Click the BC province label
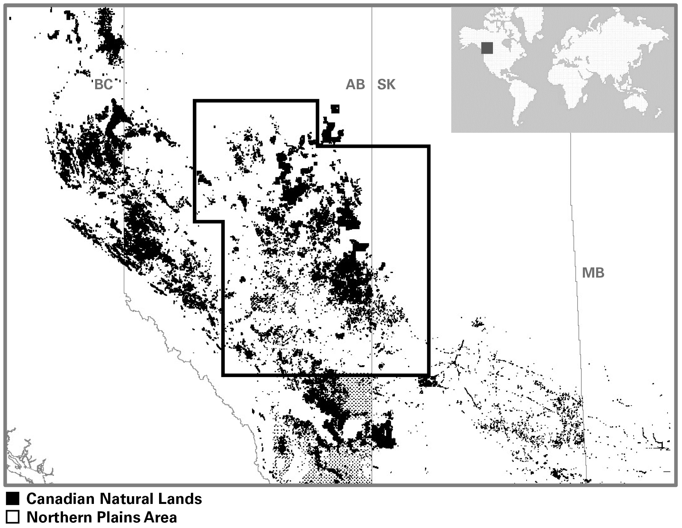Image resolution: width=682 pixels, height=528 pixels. [103, 85]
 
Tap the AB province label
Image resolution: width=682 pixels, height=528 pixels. [355, 85]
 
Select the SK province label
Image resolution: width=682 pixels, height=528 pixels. [386, 85]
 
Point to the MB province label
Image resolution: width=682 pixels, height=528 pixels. [593, 273]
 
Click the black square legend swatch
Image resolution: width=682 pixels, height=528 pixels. [13, 499]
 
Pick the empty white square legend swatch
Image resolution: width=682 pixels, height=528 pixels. [13, 517]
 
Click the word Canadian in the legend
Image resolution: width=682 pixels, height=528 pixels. [61, 499]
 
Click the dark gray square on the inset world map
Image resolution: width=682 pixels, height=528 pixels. [487, 48]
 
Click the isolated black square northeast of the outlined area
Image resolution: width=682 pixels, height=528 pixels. [335, 109]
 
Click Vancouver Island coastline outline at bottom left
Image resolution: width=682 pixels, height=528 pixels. [28, 462]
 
